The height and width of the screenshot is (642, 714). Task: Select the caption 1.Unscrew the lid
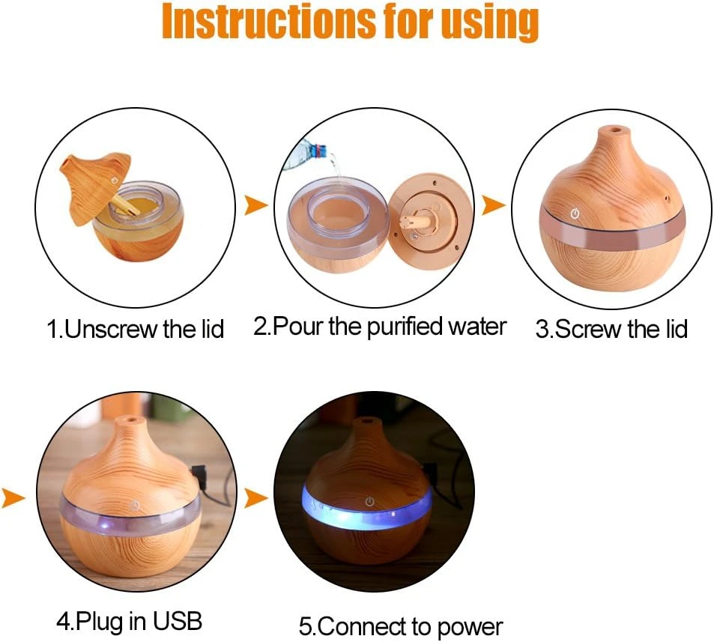(x=136, y=329)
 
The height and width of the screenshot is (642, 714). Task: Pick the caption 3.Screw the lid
(x=611, y=329)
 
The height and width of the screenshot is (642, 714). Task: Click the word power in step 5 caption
(x=471, y=626)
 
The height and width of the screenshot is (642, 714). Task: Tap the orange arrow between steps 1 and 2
(x=255, y=205)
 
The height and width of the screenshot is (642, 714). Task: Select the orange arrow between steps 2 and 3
(x=493, y=205)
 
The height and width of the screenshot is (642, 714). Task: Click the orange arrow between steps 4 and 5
(x=255, y=497)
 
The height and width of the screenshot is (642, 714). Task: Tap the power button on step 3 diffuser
(x=575, y=214)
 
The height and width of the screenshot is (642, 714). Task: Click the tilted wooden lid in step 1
(x=94, y=183)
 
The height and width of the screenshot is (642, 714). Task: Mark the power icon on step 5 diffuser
(x=369, y=500)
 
